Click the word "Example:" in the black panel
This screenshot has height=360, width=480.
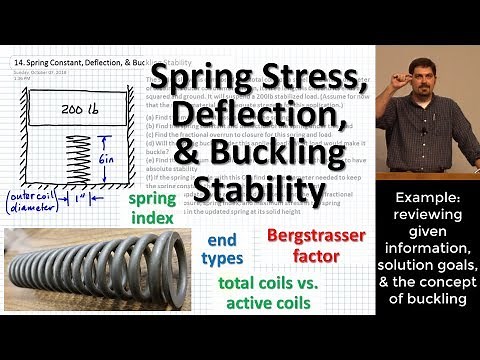point(427,201)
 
